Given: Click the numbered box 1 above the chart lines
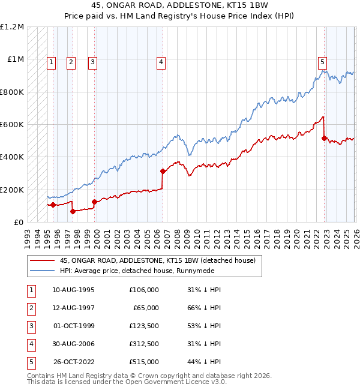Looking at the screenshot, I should click(52, 61).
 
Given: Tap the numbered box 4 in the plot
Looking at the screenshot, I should click(162, 61).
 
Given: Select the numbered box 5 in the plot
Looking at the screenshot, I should click(323, 61).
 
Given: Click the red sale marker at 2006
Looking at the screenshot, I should click(163, 171).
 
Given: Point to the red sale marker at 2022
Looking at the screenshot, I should click(324, 138).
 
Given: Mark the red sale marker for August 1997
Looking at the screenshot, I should click(73, 211).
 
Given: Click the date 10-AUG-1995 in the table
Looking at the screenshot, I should click(73, 290).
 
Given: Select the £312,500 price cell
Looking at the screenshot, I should click(143, 344).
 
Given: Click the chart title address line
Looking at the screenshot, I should click(179, 5).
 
